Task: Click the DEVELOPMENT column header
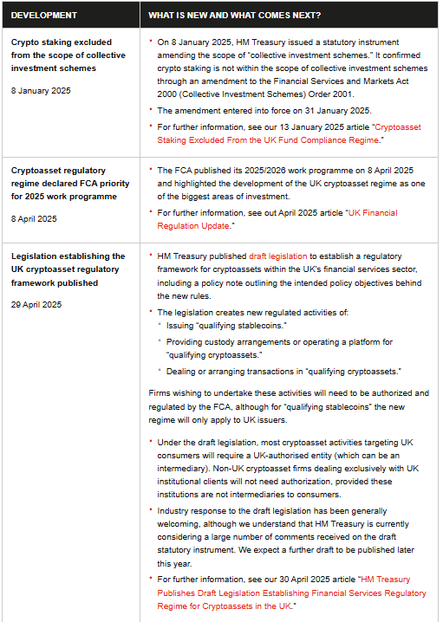coord(44,16)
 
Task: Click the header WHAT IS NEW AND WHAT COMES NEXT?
coord(234,16)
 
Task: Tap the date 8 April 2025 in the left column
coord(35,218)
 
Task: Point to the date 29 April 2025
coord(36,305)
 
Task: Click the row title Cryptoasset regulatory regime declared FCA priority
coord(70,185)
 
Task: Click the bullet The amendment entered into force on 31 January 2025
coord(264,110)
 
